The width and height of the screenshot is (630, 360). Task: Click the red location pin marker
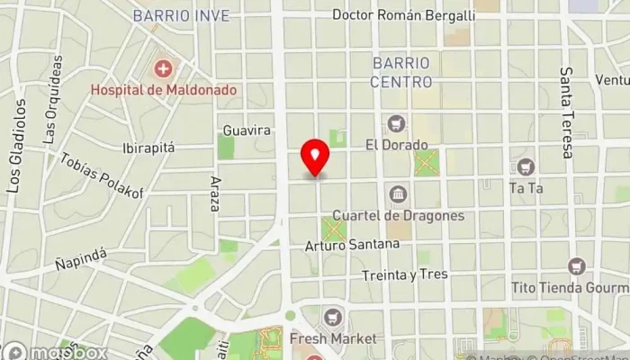(x=315, y=157)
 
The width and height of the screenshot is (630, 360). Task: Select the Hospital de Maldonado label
(x=163, y=90)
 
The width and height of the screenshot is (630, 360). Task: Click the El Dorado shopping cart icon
(x=395, y=123)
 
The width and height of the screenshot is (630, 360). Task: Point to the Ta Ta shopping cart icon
(x=525, y=166)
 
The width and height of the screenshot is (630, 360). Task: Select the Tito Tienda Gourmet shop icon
(x=576, y=266)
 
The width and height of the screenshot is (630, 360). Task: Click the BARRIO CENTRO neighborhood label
(x=400, y=72)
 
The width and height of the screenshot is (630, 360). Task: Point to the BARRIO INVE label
(x=181, y=15)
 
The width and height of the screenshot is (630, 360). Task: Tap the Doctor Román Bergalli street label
(x=403, y=15)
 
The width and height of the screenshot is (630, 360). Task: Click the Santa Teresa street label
(x=567, y=112)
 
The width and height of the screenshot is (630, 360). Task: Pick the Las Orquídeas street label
(x=52, y=100)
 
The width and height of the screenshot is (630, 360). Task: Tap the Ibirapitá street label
(x=148, y=148)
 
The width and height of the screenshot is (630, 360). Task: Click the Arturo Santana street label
(x=352, y=245)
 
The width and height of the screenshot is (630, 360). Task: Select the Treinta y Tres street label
(x=404, y=274)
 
